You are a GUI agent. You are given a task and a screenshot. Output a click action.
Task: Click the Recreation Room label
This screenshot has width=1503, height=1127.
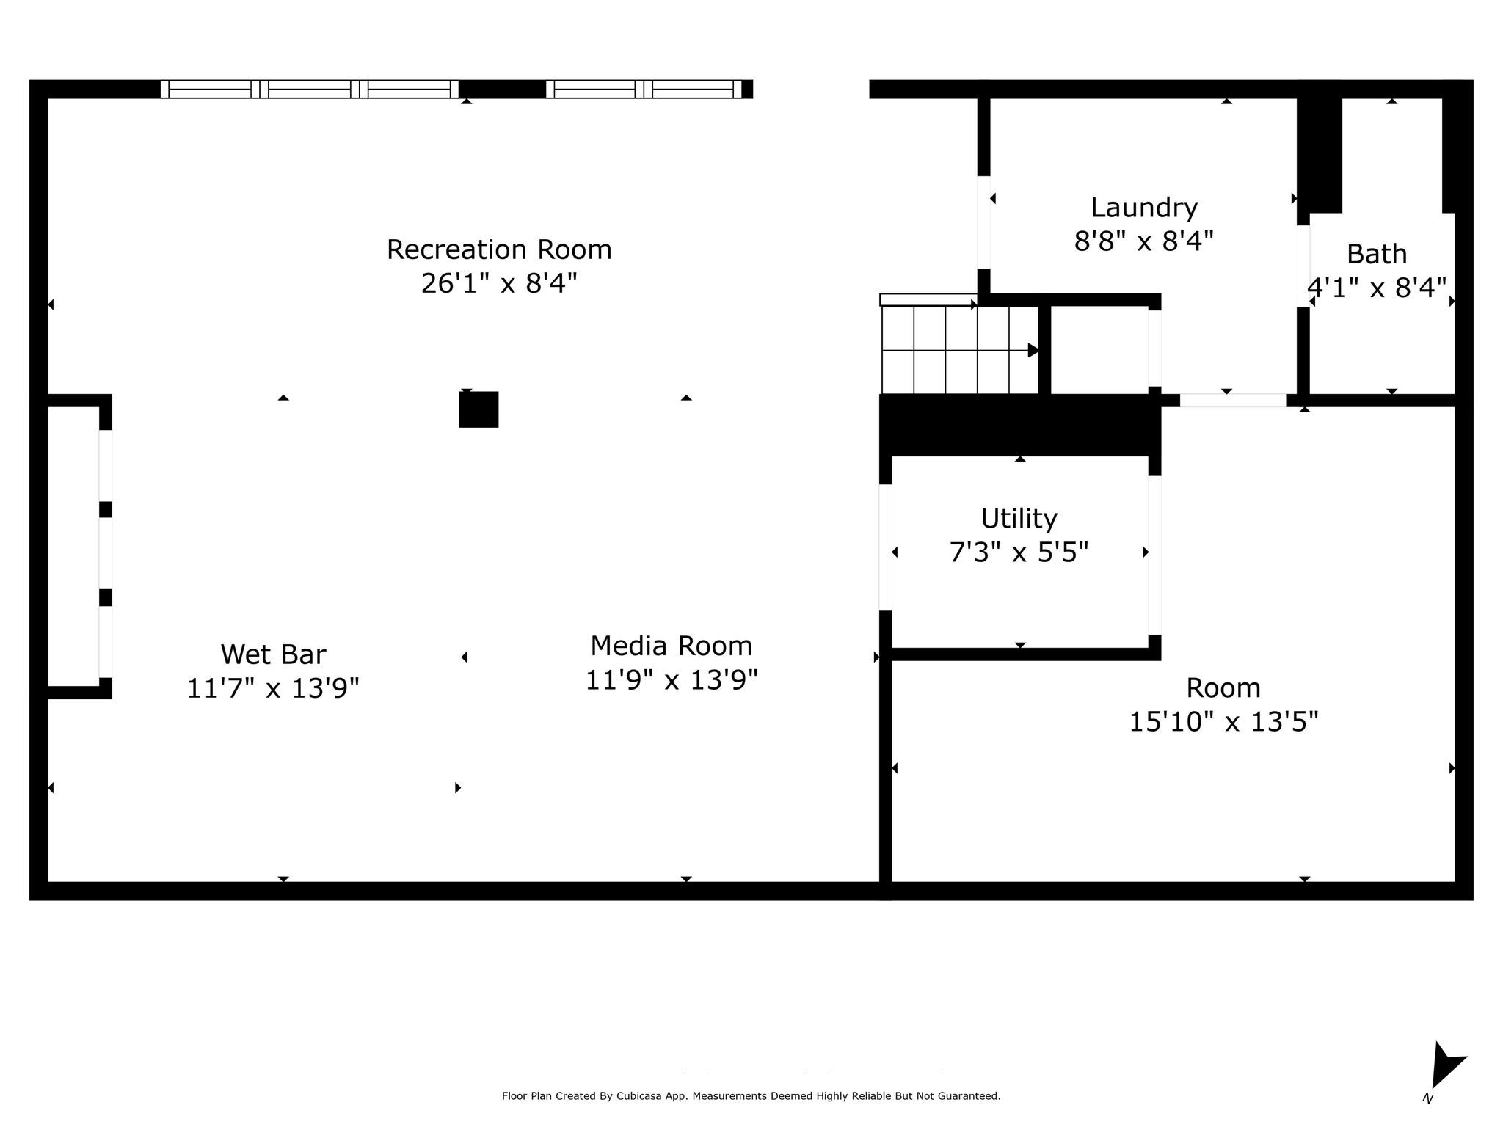tap(499, 250)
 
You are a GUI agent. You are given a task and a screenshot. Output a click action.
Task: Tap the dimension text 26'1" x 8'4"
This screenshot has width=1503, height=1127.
tap(499, 283)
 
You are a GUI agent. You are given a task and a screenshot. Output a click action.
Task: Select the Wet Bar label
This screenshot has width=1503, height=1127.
tap(273, 654)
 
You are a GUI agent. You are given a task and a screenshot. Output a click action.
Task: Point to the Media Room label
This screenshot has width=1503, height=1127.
tap(672, 646)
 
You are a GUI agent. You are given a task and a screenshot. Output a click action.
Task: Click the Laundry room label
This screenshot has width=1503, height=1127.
tap(1144, 208)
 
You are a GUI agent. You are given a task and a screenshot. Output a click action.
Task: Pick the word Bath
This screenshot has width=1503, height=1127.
tap(1377, 255)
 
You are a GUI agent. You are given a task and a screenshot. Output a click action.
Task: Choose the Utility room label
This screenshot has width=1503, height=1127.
tap(1019, 519)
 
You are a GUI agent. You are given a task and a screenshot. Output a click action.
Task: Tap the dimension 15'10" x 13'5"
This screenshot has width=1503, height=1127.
tap(1223, 721)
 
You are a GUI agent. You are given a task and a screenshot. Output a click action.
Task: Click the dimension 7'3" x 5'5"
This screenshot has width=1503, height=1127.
tap(1019, 552)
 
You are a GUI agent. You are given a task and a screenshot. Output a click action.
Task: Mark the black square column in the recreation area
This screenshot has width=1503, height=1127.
tap(478, 409)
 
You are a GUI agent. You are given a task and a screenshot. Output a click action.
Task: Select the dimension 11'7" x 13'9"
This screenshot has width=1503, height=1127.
tap(273, 688)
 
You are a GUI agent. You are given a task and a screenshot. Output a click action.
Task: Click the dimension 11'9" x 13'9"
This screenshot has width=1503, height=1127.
tap(672, 680)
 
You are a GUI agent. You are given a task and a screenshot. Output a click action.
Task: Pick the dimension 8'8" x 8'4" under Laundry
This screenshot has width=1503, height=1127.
tap(1144, 241)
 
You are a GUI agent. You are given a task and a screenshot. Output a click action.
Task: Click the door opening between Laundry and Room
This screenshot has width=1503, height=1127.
tap(1232, 401)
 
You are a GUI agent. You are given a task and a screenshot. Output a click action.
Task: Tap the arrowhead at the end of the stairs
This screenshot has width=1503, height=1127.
tap(1033, 350)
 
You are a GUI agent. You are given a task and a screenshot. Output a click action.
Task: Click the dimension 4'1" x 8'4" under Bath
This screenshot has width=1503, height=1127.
tap(1377, 288)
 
